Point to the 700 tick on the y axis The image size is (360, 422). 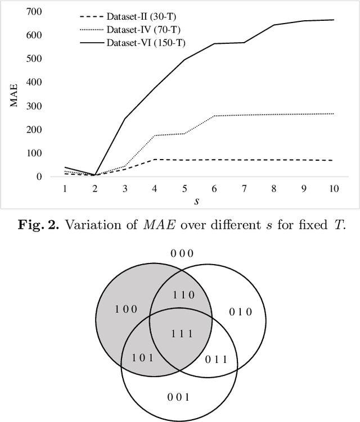[x=35, y=12]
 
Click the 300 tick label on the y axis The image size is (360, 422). [x=35, y=106]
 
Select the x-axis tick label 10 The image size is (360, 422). [x=334, y=189]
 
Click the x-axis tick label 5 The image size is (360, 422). [x=184, y=189]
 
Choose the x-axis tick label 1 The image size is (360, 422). [x=65, y=189]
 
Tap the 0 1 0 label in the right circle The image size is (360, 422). [x=241, y=312]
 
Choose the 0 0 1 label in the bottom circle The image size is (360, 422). [x=179, y=397]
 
